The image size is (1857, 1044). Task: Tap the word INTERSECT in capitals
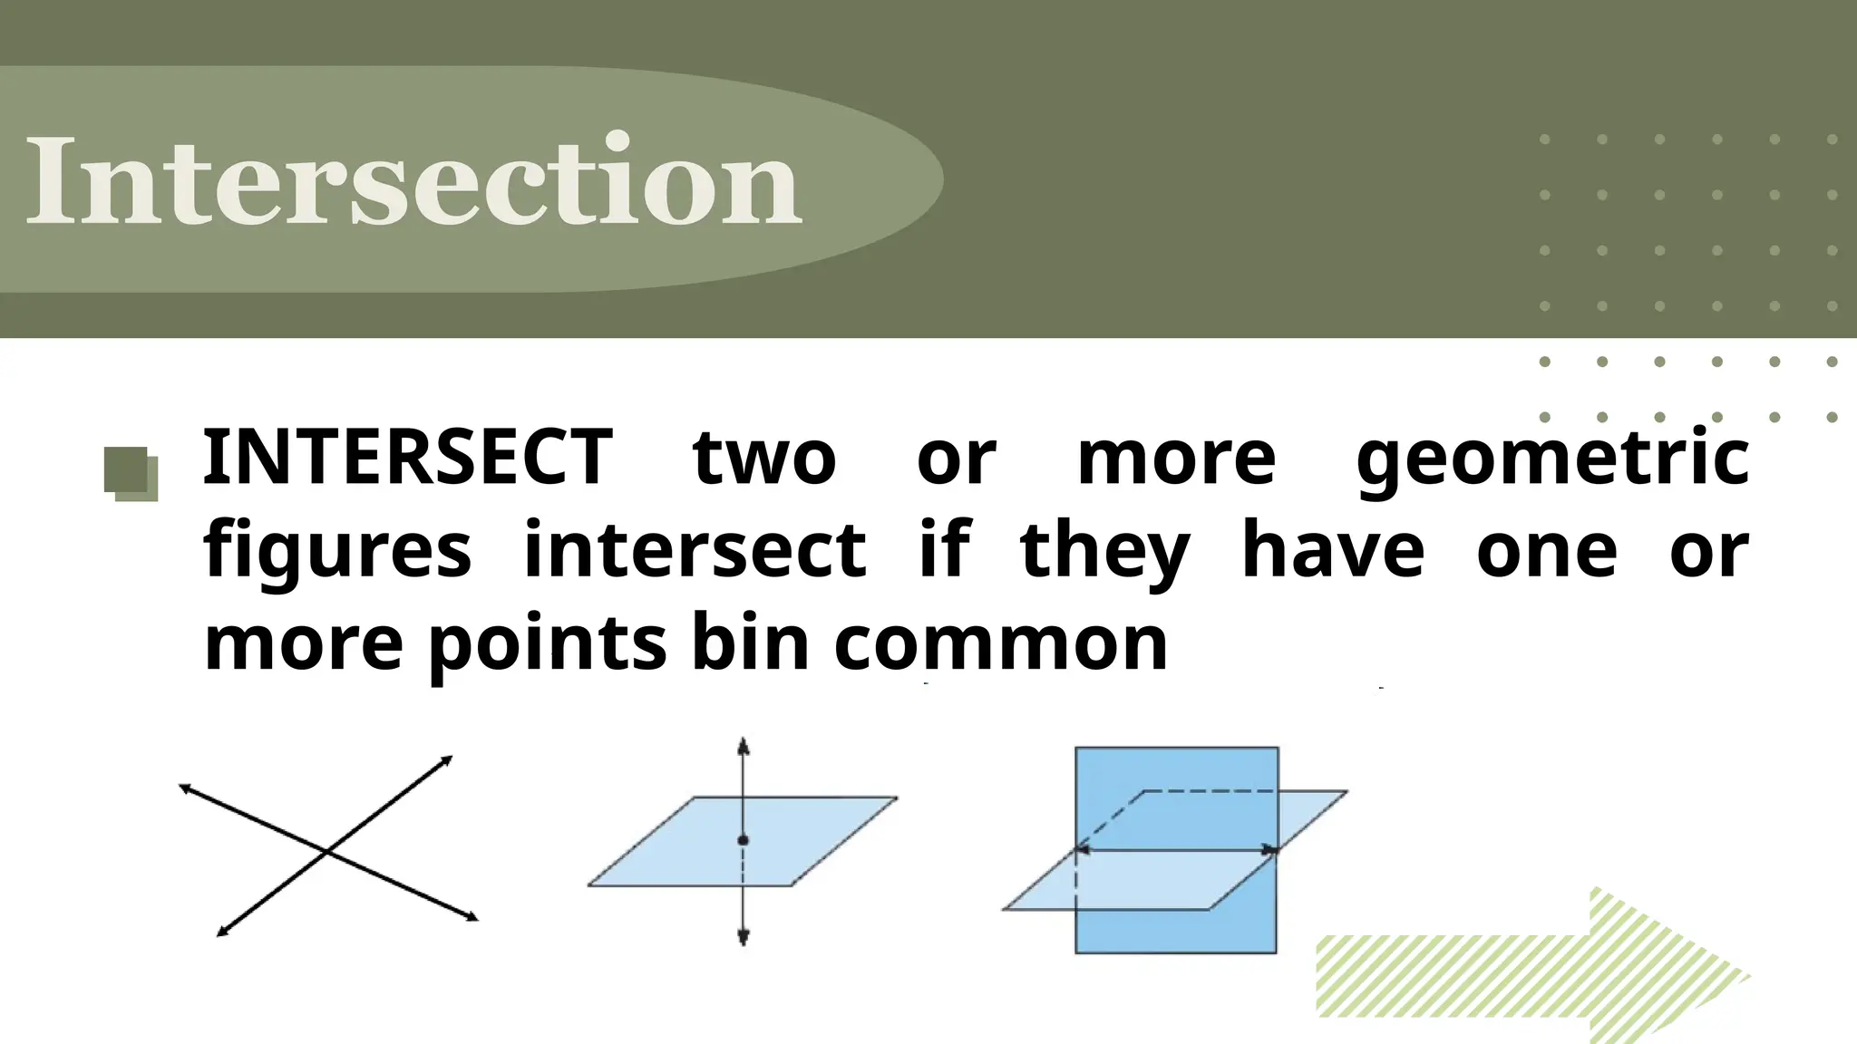408,458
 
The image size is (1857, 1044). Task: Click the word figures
337,551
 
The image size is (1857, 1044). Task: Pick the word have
1333,551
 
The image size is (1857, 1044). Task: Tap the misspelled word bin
749,643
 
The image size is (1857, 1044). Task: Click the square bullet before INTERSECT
131,473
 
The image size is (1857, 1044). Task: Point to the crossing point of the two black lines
326,851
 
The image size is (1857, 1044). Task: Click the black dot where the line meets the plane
744,841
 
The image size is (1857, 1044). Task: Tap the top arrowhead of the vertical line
744,745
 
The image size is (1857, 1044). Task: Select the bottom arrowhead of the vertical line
744,939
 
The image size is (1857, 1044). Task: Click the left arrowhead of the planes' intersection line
1081,850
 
